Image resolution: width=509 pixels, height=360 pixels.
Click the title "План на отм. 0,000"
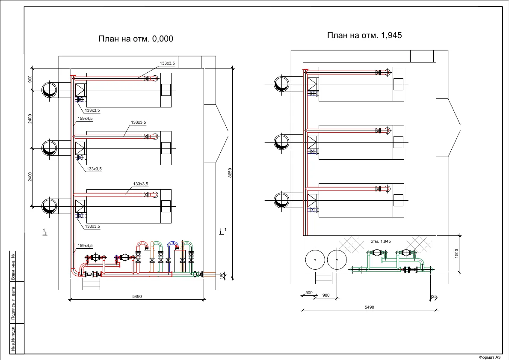(136, 39)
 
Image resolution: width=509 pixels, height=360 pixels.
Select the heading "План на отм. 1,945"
(364, 35)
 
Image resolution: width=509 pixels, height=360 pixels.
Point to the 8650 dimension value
(230, 173)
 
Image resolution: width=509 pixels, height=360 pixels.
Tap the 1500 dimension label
(456, 253)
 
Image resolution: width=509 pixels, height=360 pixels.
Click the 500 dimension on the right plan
(309, 292)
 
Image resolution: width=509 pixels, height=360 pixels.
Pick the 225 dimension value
(433, 296)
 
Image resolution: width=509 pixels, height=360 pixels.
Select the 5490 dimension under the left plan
(137, 296)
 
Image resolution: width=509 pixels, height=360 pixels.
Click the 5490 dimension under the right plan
(370, 307)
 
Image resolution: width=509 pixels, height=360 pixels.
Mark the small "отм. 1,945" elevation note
(380, 241)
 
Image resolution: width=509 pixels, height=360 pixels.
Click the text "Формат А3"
(489, 357)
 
